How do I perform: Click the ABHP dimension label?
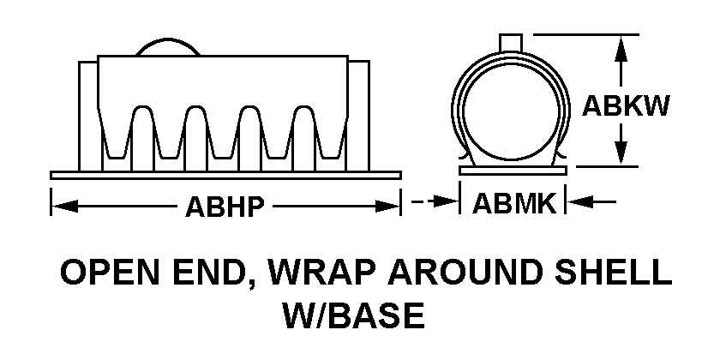point(225,207)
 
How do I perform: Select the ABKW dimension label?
point(626,106)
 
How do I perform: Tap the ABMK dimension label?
point(513,203)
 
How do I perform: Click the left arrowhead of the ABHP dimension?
point(63,207)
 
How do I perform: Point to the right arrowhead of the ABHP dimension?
point(388,207)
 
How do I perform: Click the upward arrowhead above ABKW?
point(621,47)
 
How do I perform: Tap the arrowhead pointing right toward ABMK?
point(447,201)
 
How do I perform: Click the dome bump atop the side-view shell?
point(168,47)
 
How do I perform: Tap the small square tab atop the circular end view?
point(511,43)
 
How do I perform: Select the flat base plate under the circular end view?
point(513,171)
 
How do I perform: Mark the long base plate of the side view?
point(225,175)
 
